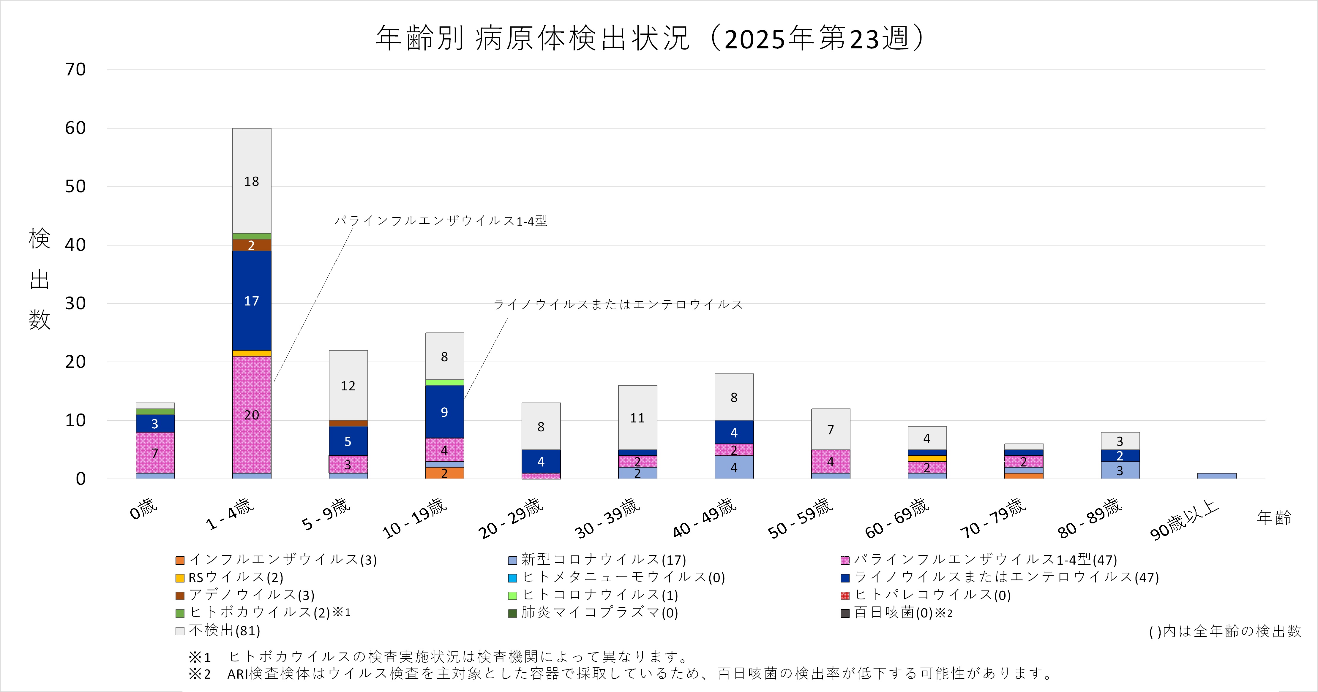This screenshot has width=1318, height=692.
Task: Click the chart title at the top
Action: [x=650, y=38]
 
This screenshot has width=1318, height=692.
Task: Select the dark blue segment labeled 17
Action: [x=252, y=301]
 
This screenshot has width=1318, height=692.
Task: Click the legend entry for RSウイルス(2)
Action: [x=235, y=577]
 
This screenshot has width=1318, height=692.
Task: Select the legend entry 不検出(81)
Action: [x=224, y=631]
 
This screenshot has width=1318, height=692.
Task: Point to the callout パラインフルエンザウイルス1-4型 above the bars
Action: [x=441, y=221]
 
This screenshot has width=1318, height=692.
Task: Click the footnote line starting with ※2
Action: [x=619, y=674]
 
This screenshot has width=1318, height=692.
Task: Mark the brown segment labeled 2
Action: [x=252, y=245]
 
